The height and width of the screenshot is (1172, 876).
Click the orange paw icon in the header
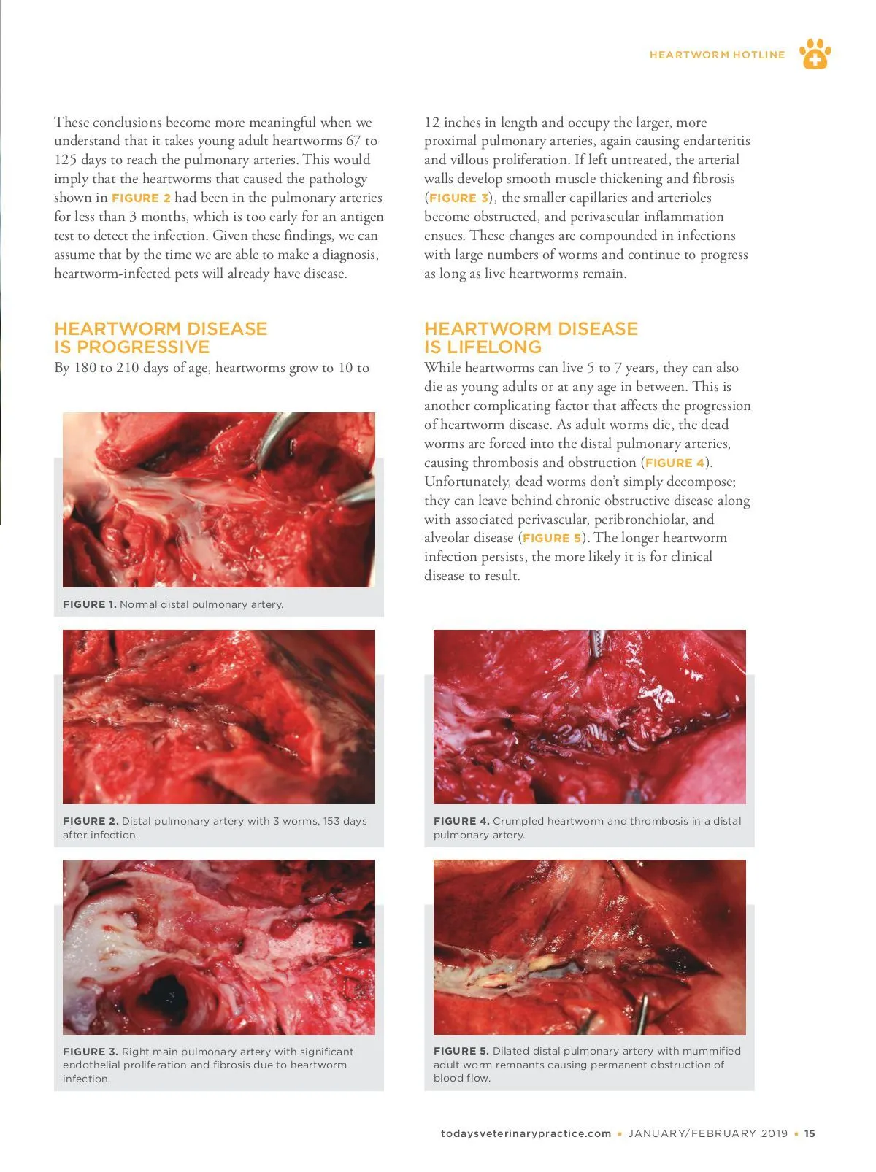[815, 54]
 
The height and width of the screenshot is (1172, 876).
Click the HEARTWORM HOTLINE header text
[717, 55]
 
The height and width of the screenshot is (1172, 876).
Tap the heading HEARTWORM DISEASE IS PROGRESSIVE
[161, 338]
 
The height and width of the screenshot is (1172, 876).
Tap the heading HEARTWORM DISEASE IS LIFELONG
[531, 338]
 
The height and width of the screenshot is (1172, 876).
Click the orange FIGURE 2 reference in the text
[141, 198]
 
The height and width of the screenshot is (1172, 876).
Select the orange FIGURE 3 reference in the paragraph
[458, 198]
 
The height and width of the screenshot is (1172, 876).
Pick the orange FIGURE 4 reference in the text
[675, 463]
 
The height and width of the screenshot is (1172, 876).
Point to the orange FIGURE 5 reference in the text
[552, 538]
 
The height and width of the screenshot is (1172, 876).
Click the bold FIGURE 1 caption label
[89, 604]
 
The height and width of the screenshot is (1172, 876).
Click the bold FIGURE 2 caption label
[90, 821]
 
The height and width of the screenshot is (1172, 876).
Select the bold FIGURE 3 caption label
[90, 1052]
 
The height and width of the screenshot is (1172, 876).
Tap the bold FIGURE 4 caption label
[461, 821]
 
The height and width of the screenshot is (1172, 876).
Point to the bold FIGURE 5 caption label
[461, 1051]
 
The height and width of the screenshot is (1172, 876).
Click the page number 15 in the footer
[810, 1133]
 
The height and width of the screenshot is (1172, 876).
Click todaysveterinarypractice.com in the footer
[526, 1133]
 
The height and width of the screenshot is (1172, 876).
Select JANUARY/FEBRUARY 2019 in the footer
[707, 1133]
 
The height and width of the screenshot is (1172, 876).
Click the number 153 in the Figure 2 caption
[333, 821]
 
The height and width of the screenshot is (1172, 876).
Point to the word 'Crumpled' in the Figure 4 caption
[518, 821]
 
